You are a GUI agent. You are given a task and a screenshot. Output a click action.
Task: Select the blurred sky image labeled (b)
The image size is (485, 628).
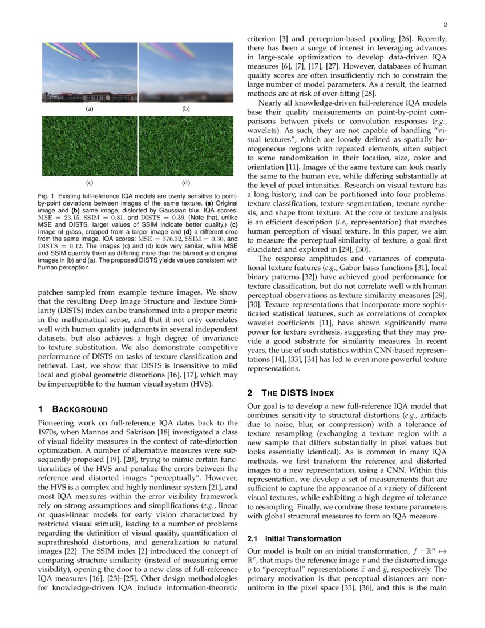[185, 73]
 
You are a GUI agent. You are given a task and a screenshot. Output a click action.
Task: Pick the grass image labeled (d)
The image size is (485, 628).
[185, 146]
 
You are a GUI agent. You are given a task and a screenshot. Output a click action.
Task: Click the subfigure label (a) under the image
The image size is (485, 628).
[90, 108]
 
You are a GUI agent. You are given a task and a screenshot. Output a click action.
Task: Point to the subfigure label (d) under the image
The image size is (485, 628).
[185, 183]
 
